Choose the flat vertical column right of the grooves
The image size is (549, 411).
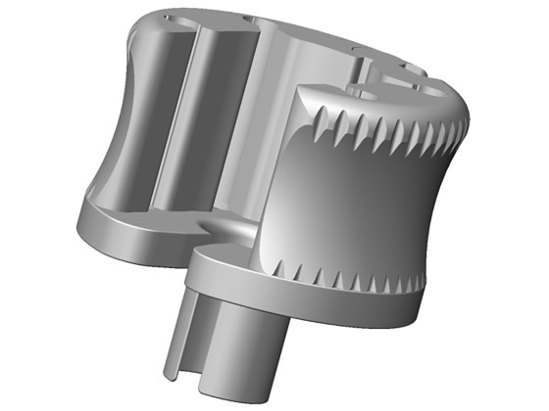[x=263, y=127]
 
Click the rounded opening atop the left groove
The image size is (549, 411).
[x=176, y=30]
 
